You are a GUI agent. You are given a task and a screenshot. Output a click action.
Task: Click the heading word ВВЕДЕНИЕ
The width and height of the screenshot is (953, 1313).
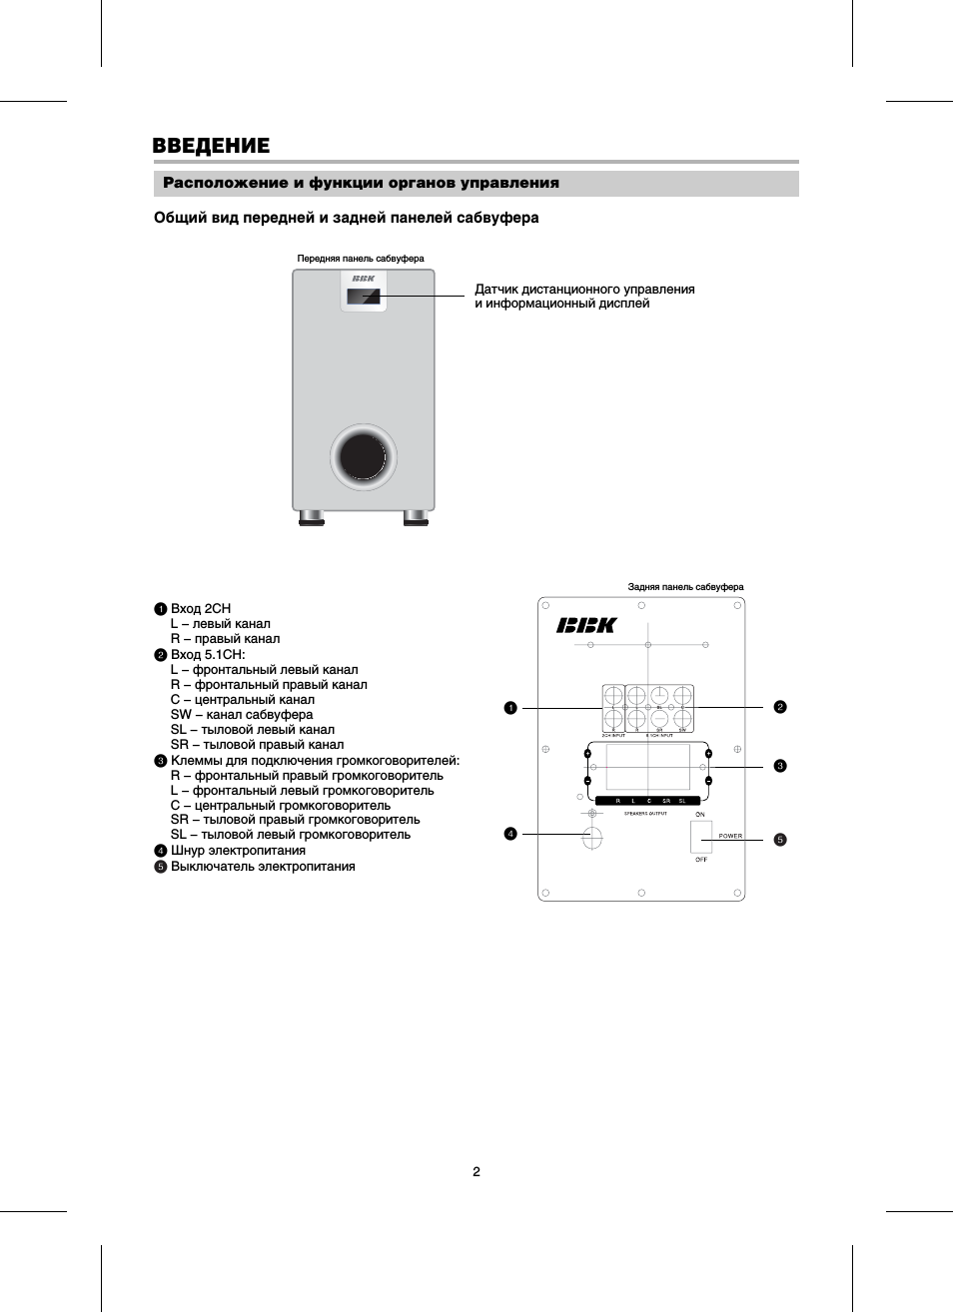[x=211, y=146]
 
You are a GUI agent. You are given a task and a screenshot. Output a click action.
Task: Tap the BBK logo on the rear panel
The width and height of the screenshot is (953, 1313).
[x=586, y=625]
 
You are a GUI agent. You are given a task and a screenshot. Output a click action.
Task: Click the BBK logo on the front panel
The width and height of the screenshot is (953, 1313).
[x=363, y=279]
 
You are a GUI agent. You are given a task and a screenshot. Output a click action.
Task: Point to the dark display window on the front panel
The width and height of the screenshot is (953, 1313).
[x=363, y=298]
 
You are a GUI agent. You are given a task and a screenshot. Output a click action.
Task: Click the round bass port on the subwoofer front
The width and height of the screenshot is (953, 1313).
[x=363, y=457]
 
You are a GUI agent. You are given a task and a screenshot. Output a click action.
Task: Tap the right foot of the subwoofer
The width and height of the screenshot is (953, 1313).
[x=416, y=517]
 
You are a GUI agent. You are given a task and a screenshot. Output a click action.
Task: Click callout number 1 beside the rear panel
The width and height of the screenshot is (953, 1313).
[x=510, y=708]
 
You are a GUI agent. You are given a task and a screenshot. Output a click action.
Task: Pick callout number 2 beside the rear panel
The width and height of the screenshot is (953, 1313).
[x=780, y=707]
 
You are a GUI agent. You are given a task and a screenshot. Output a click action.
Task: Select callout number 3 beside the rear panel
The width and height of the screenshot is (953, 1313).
[x=780, y=766]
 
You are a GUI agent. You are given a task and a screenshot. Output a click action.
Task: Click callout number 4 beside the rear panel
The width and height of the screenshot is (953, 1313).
[x=510, y=834]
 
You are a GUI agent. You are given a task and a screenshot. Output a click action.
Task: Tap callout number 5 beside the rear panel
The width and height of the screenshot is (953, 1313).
[x=780, y=840]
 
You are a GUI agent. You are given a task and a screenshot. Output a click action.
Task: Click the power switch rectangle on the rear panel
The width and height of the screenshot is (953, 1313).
[x=700, y=837]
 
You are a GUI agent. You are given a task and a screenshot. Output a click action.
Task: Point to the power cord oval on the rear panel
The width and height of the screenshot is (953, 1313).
[x=592, y=837]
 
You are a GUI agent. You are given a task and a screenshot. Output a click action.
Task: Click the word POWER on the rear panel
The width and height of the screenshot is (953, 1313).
[x=730, y=836]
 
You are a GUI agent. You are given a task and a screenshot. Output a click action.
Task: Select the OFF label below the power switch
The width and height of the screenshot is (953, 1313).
[x=700, y=860]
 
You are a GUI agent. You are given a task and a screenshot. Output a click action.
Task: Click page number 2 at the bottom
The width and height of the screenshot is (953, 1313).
[x=476, y=1171]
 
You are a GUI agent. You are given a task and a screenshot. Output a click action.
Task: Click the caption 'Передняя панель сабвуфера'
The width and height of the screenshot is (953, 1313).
[x=361, y=259]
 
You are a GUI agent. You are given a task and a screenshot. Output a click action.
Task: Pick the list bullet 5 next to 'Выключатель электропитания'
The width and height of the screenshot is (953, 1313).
[x=160, y=867]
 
